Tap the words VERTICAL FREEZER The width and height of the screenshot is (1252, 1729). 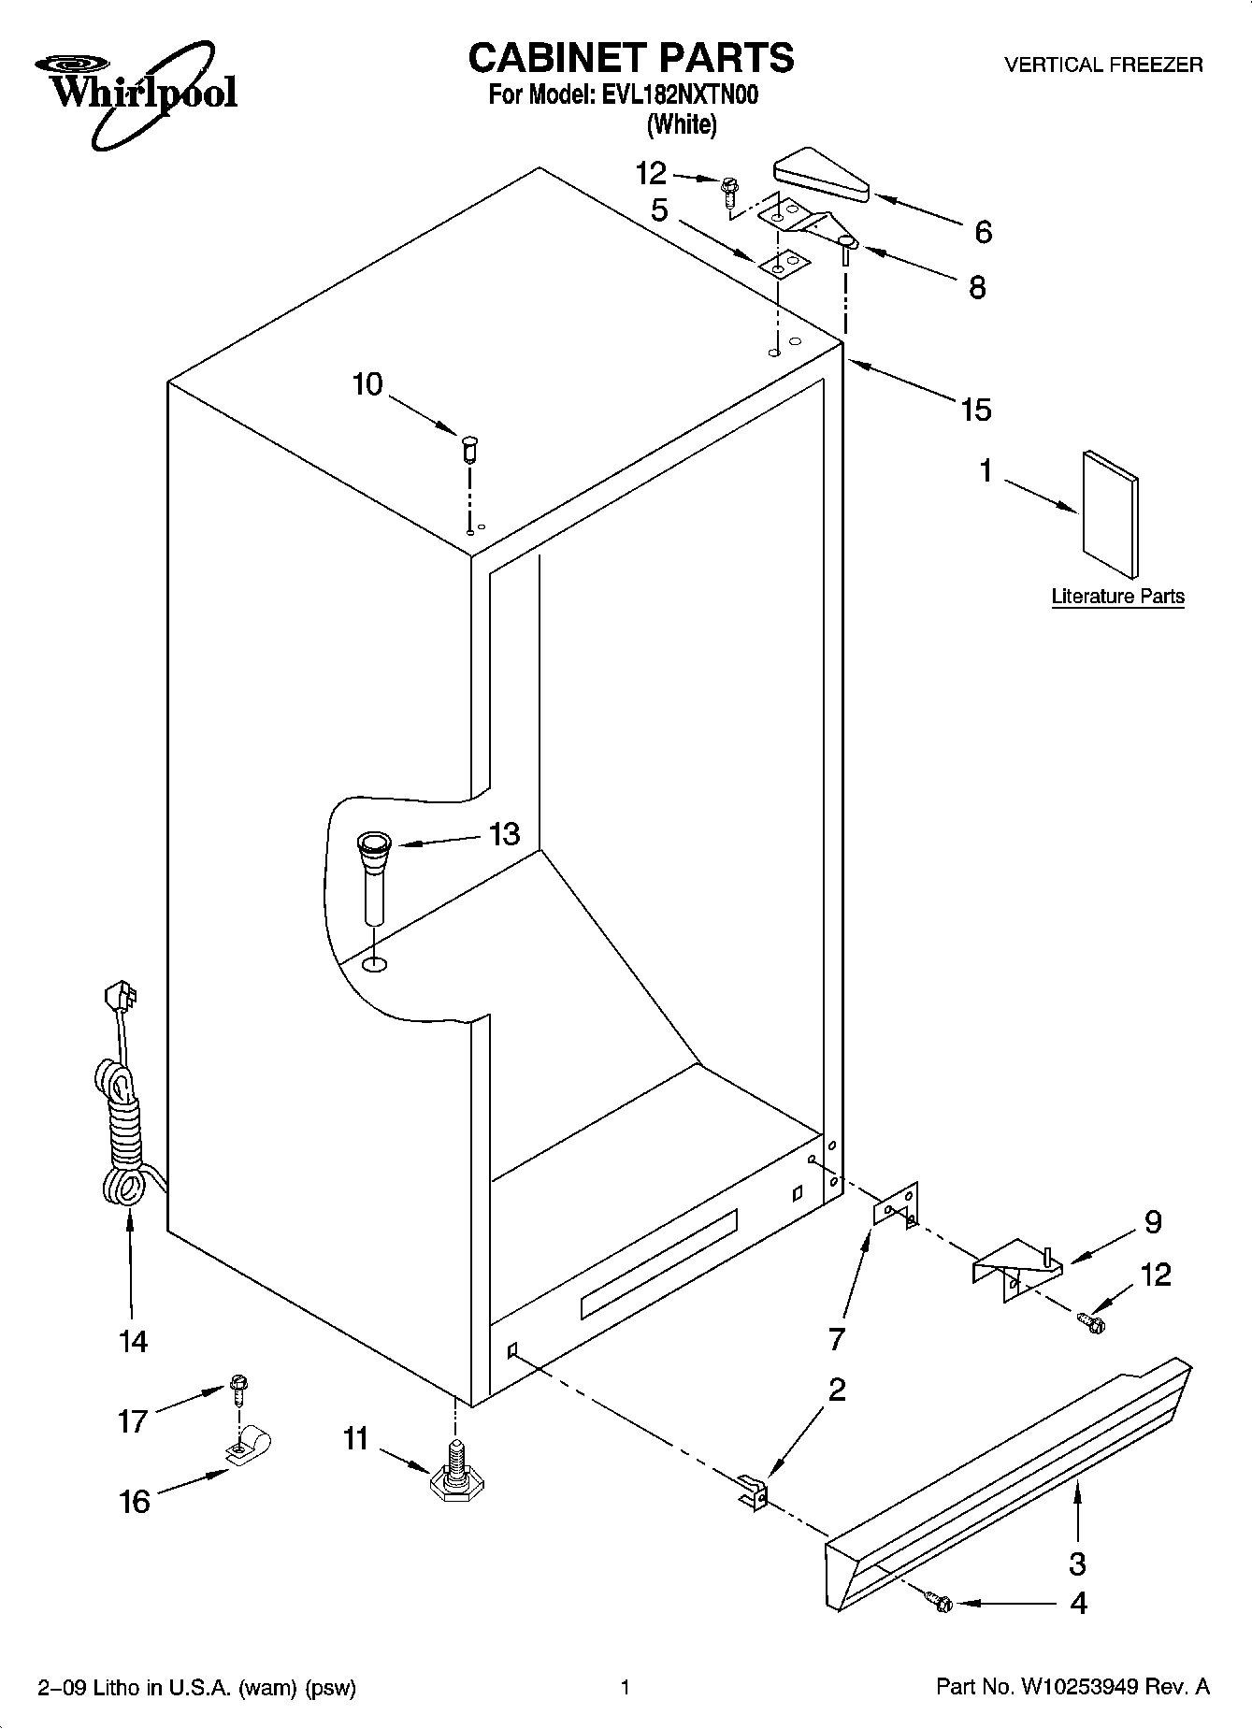1103,65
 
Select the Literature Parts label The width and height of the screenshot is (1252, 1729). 1117,597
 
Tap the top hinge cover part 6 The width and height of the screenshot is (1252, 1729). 821,176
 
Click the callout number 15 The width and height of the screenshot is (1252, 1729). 975,409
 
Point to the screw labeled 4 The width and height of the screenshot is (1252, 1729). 942,1604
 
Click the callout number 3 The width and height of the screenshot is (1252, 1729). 1077,1563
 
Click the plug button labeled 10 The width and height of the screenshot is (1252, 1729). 469,447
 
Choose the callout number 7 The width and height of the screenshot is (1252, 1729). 836,1338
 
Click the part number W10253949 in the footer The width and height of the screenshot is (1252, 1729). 1080,1688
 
